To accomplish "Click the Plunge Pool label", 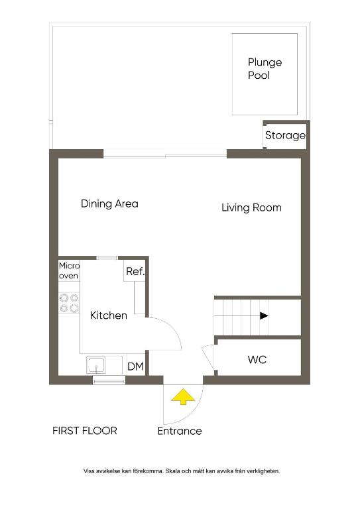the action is click(265, 68).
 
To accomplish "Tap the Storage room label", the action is click(285, 135).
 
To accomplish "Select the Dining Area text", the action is click(109, 203).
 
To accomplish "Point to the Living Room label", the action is click(251, 207).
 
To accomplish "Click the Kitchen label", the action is click(109, 315).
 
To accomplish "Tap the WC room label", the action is click(257, 359).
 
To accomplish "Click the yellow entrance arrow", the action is click(183, 396).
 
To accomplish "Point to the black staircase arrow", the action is click(264, 315).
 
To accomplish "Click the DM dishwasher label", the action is click(136, 367).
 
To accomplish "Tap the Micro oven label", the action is click(69, 270).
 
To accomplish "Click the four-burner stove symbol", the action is click(69, 302).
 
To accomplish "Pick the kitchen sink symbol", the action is click(95, 365).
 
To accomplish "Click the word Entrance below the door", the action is click(180, 431).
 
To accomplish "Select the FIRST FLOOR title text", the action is click(85, 431).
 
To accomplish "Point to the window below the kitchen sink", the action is click(109, 380).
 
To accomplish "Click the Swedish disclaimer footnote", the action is click(182, 471).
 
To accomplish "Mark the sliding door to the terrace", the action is click(165, 156).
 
